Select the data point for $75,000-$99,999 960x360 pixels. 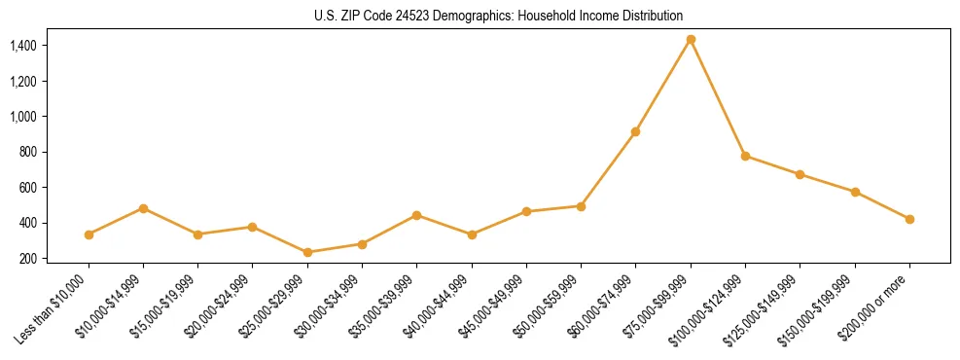pyautogui.click(x=691, y=40)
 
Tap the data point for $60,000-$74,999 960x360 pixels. pyautogui.click(x=635, y=131)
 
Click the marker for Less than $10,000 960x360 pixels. pyautogui.click(x=89, y=234)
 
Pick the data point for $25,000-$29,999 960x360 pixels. pyautogui.click(x=307, y=252)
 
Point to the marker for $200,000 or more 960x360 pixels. pyautogui.click(x=909, y=219)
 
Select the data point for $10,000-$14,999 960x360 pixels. pyautogui.click(x=143, y=208)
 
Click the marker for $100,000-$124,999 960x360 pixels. pyautogui.click(x=745, y=156)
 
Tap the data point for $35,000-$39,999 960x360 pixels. pyautogui.click(x=416, y=215)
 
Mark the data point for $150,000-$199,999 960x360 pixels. pyautogui.click(x=855, y=192)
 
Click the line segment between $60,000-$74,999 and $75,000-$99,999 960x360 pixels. pyautogui.click(x=663, y=86)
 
